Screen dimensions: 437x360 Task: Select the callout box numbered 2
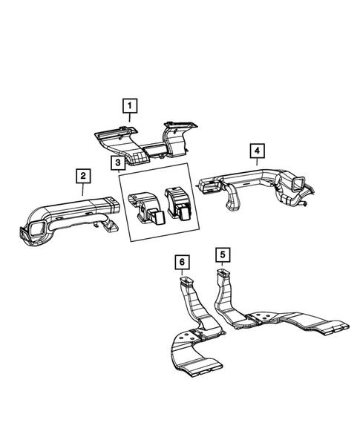point(83,176)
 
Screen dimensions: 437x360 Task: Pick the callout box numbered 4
point(255,151)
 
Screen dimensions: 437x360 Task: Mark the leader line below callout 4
point(255,165)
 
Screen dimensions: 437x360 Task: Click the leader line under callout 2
point(83,190)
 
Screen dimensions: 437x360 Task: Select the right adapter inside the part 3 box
point(177,203)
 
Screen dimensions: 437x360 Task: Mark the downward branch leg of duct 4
point(233,200)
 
